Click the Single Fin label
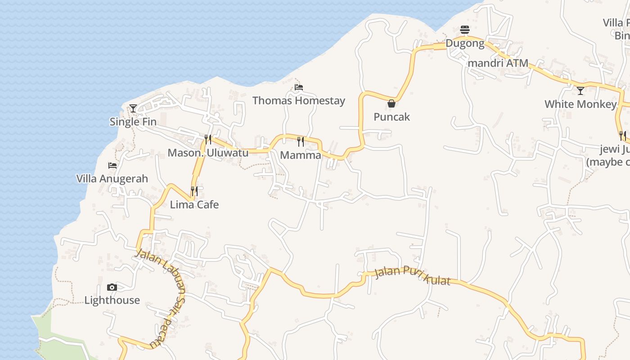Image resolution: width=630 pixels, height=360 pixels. (x=133, y=122)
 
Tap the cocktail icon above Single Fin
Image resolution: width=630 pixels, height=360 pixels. (x=133, y=108)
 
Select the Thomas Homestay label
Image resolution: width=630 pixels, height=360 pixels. (x=299, y=100)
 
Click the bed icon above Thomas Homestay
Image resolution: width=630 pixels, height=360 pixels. (x=299, y=87)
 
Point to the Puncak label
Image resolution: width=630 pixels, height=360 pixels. (x=392, y=117)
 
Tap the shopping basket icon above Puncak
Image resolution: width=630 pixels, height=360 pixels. (x=391, y=103)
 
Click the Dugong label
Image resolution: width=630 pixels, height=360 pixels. (x=465, y=44)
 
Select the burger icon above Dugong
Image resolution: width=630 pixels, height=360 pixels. (x=465, y=30)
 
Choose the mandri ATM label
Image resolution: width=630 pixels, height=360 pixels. (x=498, y=63)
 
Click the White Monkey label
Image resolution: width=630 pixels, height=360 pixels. (x=580, y=104)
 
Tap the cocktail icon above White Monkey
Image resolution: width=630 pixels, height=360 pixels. (x=580, y=91)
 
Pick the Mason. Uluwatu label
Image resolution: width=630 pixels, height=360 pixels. (x=208, y=153)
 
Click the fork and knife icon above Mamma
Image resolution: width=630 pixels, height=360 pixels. (x=300, y=142)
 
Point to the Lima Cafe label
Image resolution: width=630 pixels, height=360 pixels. (x=194, y=205)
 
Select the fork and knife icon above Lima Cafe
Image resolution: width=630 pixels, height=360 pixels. (x=194, y=191)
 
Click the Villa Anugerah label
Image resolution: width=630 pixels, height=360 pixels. (x=112, y=179)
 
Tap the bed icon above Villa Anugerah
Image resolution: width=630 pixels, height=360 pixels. (x=112, y=166)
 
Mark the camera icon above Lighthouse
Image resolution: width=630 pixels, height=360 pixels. (x=112, y=287)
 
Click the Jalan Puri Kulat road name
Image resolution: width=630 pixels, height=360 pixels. (x=412, y=276)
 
